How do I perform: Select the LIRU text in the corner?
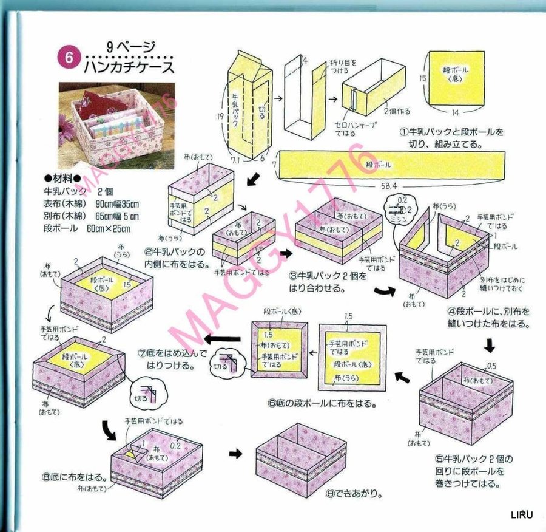521,515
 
